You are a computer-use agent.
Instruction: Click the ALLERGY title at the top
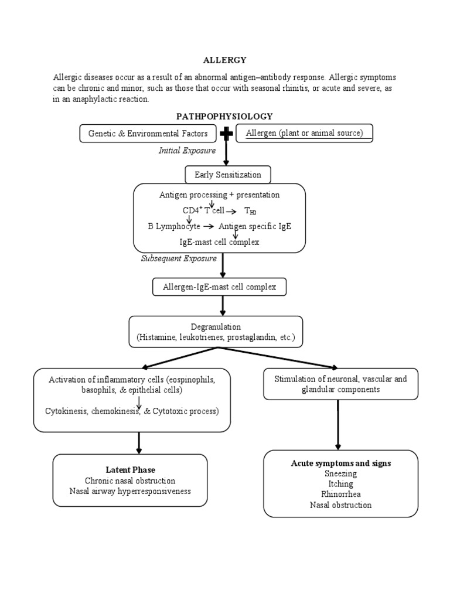[x=224, y=60]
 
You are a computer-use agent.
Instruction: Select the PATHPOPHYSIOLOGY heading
[x=225, y=117]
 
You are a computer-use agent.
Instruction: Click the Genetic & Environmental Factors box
[x=148, y=134]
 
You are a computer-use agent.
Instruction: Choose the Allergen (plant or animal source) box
[x=304, y=134]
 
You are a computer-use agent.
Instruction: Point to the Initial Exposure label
[x=187, y=151]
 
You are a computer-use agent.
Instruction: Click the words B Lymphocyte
[x=174, y=226]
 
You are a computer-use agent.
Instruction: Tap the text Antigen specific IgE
[x=255, y=226]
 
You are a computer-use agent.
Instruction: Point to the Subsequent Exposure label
[x=179, y=258]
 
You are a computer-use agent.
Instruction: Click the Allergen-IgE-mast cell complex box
[x=219, y=287]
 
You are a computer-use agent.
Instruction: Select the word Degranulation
[x=216, y=326]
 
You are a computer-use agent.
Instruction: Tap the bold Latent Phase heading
[x=129, y=470]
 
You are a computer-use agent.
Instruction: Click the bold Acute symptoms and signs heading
[x=340, y=463]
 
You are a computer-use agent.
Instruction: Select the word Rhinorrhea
[x=340, y=494]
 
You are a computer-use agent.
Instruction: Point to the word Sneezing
[x=340, y=473]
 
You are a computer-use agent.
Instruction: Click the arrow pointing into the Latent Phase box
[x=139, y=442]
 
